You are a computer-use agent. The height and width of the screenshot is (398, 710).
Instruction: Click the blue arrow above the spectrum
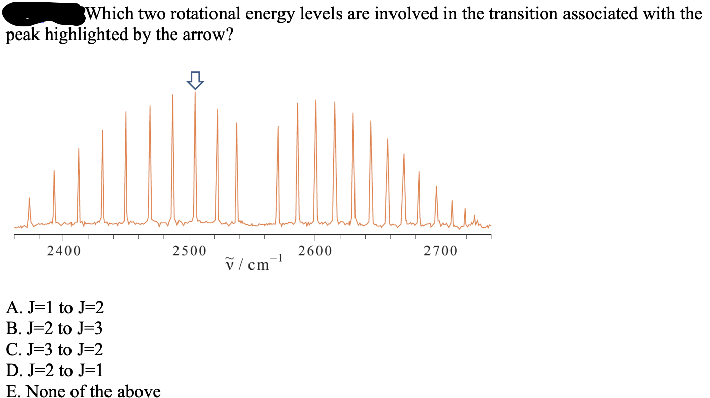(x=195, y=80)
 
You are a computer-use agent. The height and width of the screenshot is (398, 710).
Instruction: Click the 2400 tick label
(x=63, y=251)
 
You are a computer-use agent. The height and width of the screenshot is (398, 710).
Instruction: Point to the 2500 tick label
(x=189, y=251)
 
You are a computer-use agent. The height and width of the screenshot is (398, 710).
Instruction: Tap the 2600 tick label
(x=315, y=251)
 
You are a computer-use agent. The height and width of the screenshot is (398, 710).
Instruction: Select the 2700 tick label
(x=441, y=251)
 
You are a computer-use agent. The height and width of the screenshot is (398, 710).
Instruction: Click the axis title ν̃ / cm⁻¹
(x=254, y=263)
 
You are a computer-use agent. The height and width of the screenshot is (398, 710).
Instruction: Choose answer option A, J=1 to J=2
(x=55, y=307)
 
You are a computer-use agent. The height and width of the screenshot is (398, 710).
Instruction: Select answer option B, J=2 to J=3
(x=55, y=328)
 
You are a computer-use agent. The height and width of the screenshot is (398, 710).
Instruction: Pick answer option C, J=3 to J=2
(x=55, y=350)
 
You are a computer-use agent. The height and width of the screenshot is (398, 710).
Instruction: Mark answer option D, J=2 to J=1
(x=55, y=371)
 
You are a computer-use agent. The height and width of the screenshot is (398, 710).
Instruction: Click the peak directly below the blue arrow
(x=195, y=152)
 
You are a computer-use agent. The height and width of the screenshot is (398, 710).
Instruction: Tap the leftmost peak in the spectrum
(x=29, y=208)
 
